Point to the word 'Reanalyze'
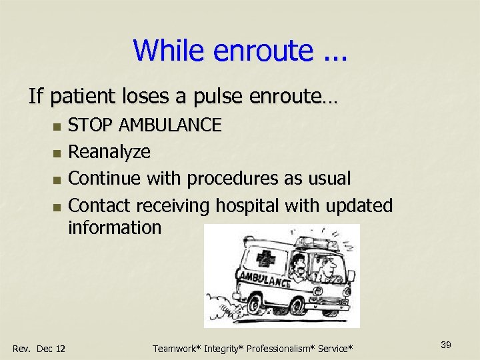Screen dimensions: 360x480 (x=109, y=152)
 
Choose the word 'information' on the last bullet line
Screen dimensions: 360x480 (x=115, y=227)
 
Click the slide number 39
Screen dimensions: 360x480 (x=446, y=344)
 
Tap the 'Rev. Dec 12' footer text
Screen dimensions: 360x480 (x=39, y=348)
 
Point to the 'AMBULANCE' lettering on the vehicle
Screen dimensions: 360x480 (x=263, y=279)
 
